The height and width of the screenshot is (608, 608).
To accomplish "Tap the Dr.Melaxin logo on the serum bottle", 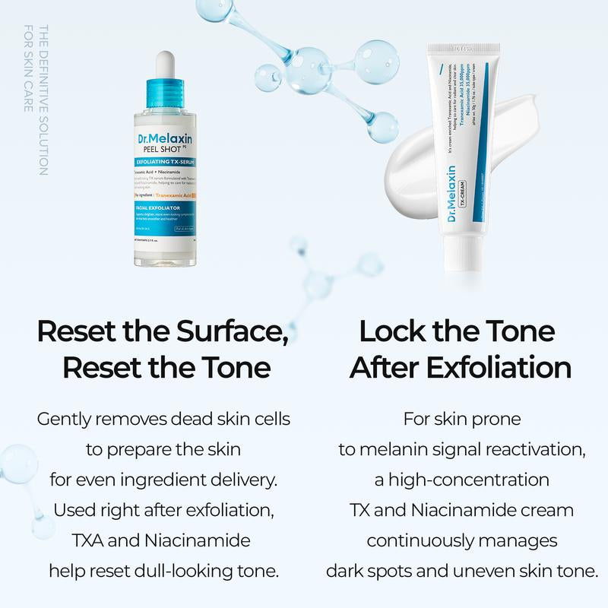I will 165,138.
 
